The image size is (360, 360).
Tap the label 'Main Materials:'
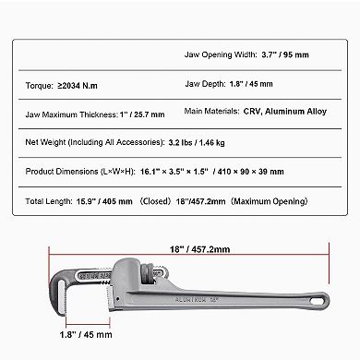point(216,114)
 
